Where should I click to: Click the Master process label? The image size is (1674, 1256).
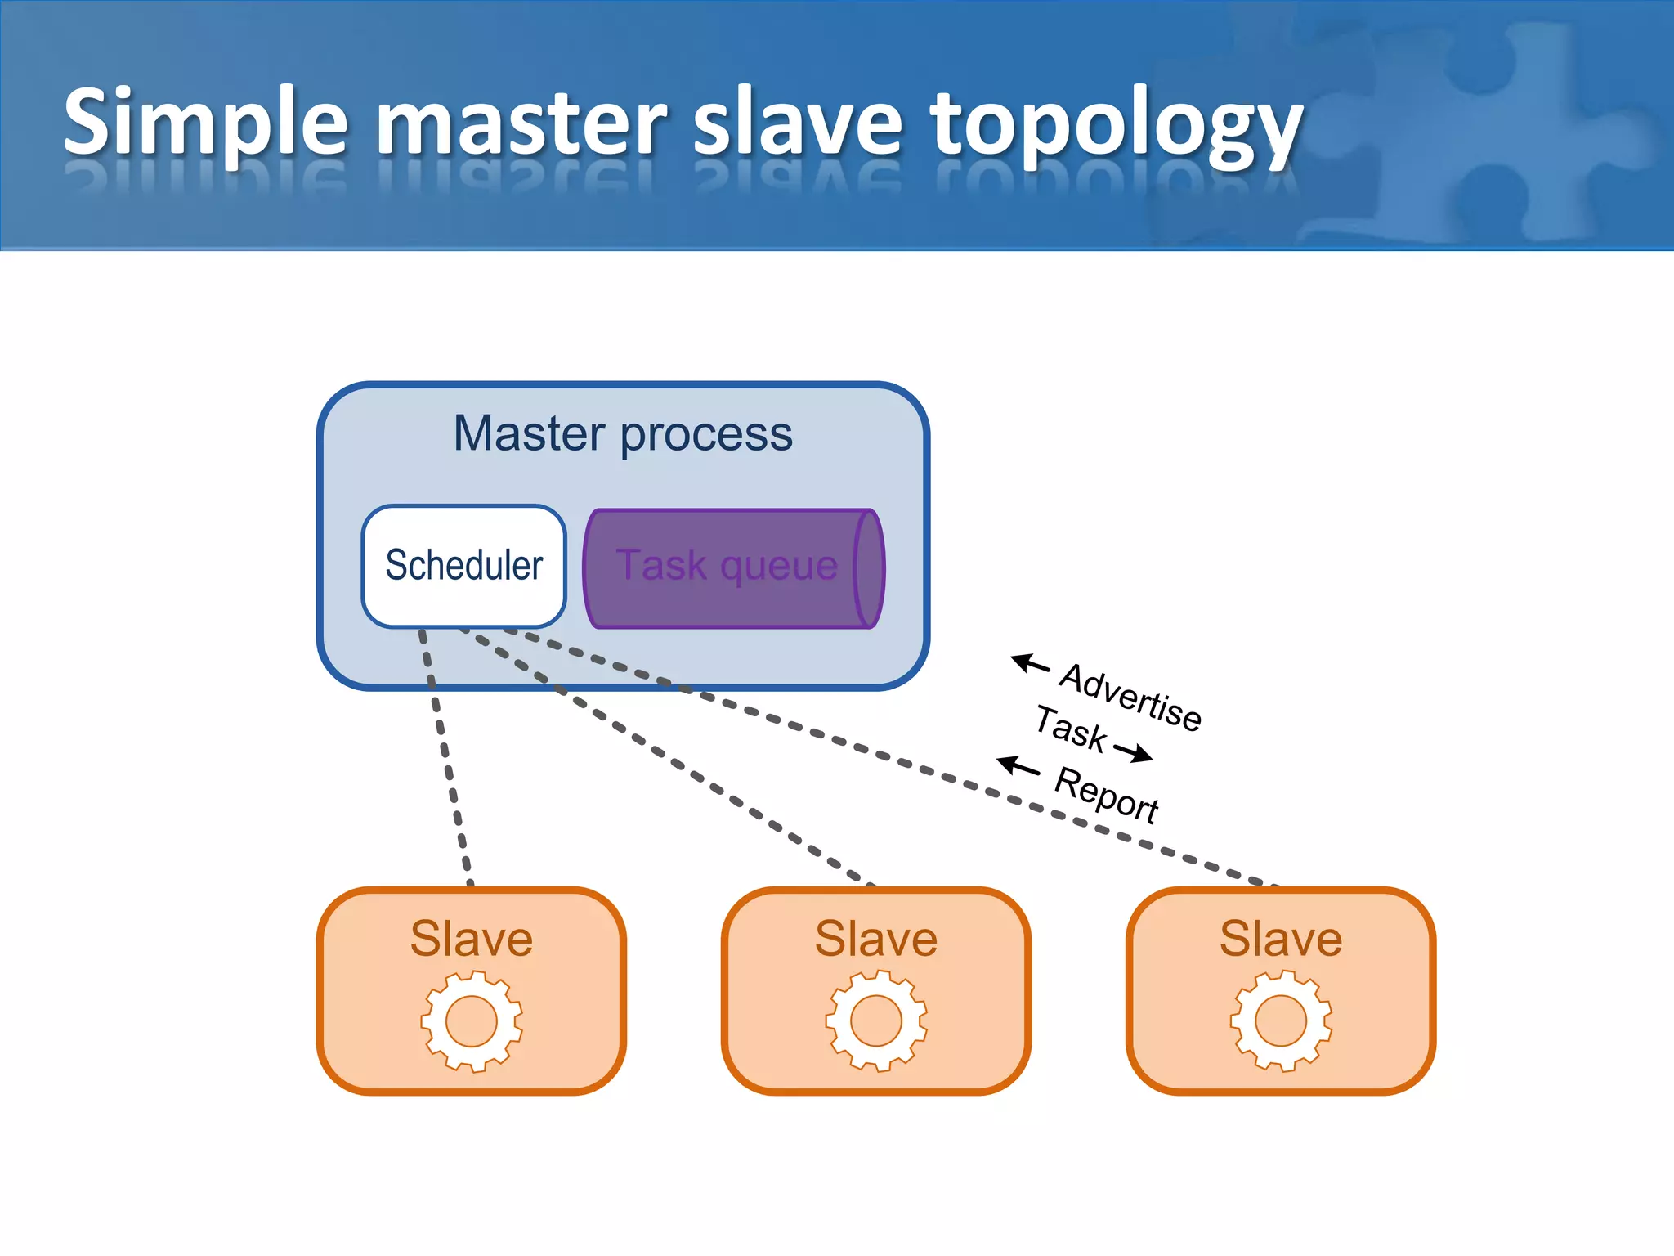click(x=623, y=433)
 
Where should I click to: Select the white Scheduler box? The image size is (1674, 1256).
click(x=464, y=566)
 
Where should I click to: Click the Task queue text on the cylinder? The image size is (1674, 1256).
click(x=727, y=566)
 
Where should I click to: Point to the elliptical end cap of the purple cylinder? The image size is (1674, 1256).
click(x=869, y=568)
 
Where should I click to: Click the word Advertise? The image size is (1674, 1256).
click(x=1130, y=697)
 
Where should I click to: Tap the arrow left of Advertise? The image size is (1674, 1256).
click(x=1030, y=663)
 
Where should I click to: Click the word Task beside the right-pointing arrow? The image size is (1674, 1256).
click(x=1071, y=728)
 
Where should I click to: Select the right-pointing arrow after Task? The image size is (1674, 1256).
click(x=1133, y=752)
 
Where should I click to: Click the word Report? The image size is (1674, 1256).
click(x=1107, y=795)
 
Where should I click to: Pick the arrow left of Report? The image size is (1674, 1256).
click(x=1018, y=766)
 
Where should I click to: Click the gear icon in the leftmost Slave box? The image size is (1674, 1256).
click(x=472, y=1020)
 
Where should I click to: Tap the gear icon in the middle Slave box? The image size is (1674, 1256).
click(x=876, y=1020)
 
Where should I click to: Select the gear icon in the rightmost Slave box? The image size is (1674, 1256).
click(x=1281, y=1020)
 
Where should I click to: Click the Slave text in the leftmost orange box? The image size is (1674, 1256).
click(x=472, y=938)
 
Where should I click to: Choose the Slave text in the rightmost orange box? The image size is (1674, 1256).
click(x=1281, y=938)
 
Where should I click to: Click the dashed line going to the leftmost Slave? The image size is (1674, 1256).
click(x=446, y=760)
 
